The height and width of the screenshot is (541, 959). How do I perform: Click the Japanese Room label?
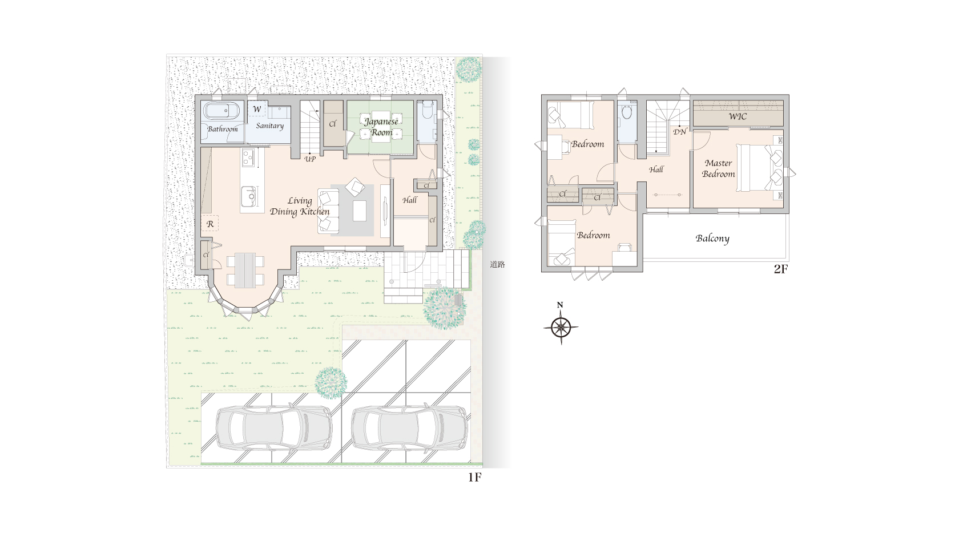[x=381, y=127]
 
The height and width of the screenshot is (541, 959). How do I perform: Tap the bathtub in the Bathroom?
[x=221, y=111]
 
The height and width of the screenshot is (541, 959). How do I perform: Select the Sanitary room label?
[x=269, y=126]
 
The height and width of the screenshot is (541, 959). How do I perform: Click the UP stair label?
[x=310, y=159]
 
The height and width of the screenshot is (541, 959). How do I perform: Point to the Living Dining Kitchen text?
[x=300, y=207]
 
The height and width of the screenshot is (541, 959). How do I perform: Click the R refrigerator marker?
[x=210, y=224]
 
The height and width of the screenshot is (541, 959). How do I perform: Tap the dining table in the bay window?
[x=245, y=269]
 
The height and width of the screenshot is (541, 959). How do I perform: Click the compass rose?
[x=561, y=328]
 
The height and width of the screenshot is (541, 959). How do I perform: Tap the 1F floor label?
[x=475, y=477]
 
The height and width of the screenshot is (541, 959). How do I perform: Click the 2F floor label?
[x=780, y=269]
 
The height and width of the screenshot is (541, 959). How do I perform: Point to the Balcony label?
[x=712, y=239]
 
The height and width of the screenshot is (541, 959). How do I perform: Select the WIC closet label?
[x=738, y=116]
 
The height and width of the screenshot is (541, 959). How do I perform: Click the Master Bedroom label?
[x=718, y=168]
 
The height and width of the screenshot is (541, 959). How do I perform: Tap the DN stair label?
[x=679, y=132]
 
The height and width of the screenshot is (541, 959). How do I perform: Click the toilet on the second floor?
[x=627, y=111]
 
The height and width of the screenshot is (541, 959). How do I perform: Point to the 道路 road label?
[x=498, y=265]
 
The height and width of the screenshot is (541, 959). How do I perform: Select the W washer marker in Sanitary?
[x=257, y=109]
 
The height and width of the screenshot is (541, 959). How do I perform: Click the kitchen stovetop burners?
[x=248, y=157]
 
